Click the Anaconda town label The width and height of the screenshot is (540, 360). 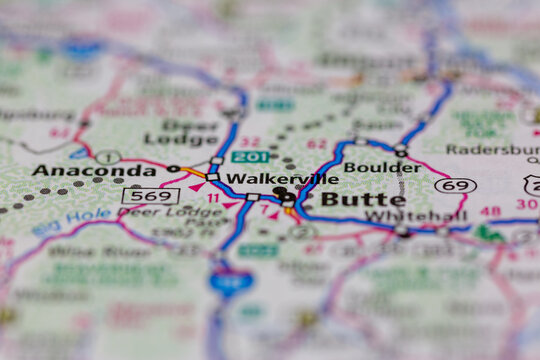click(x=93, y=170)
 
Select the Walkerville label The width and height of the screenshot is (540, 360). click(x=282, y=179)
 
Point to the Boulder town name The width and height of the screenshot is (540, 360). click(x=382, y=167)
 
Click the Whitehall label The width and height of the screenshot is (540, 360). click(x=401, y=216)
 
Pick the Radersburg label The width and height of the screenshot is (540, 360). click(x=491, y=149)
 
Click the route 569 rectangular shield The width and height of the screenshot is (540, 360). click(x=150, y=196)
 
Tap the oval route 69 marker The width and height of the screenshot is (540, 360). click(x=455, y=185)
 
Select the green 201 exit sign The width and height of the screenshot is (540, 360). click(x=250, y=156)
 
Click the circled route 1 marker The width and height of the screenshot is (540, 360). click(x=108, y=157)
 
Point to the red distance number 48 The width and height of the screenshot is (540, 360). click(x=490, y=211)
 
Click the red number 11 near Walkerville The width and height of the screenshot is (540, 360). click(x=214, y=198)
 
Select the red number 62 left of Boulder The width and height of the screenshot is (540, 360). click(x=317, y=144)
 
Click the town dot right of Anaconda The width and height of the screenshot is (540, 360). click(x=173, y=168)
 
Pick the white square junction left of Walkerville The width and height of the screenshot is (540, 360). click(x=212, y=177)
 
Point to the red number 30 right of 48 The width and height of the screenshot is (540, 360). click(x=526, y=204)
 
